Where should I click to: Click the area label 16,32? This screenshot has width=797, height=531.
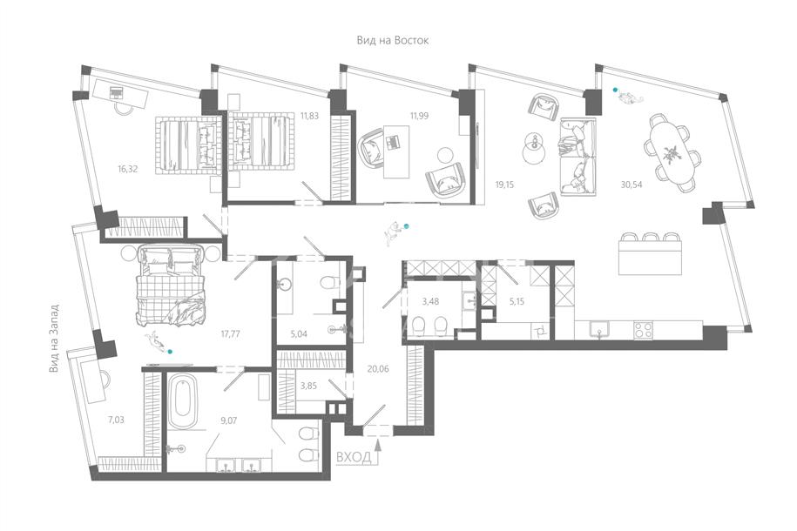127,169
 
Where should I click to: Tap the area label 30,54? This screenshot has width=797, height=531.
632,185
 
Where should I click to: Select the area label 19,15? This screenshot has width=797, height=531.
504,185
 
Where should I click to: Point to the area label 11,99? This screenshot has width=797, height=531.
419,116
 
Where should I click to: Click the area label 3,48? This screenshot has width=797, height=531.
430,301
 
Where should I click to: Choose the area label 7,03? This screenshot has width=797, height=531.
116,420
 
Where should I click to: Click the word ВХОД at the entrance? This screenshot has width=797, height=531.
354,457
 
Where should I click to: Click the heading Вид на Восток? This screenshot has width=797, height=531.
392,40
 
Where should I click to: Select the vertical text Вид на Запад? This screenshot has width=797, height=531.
54,339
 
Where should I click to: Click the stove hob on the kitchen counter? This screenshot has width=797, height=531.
643,331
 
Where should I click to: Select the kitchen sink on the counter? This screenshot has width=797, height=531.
600,329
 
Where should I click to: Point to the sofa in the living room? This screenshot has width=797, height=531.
577,157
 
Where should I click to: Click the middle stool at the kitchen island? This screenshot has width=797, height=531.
650,237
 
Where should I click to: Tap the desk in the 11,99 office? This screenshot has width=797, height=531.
396,151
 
